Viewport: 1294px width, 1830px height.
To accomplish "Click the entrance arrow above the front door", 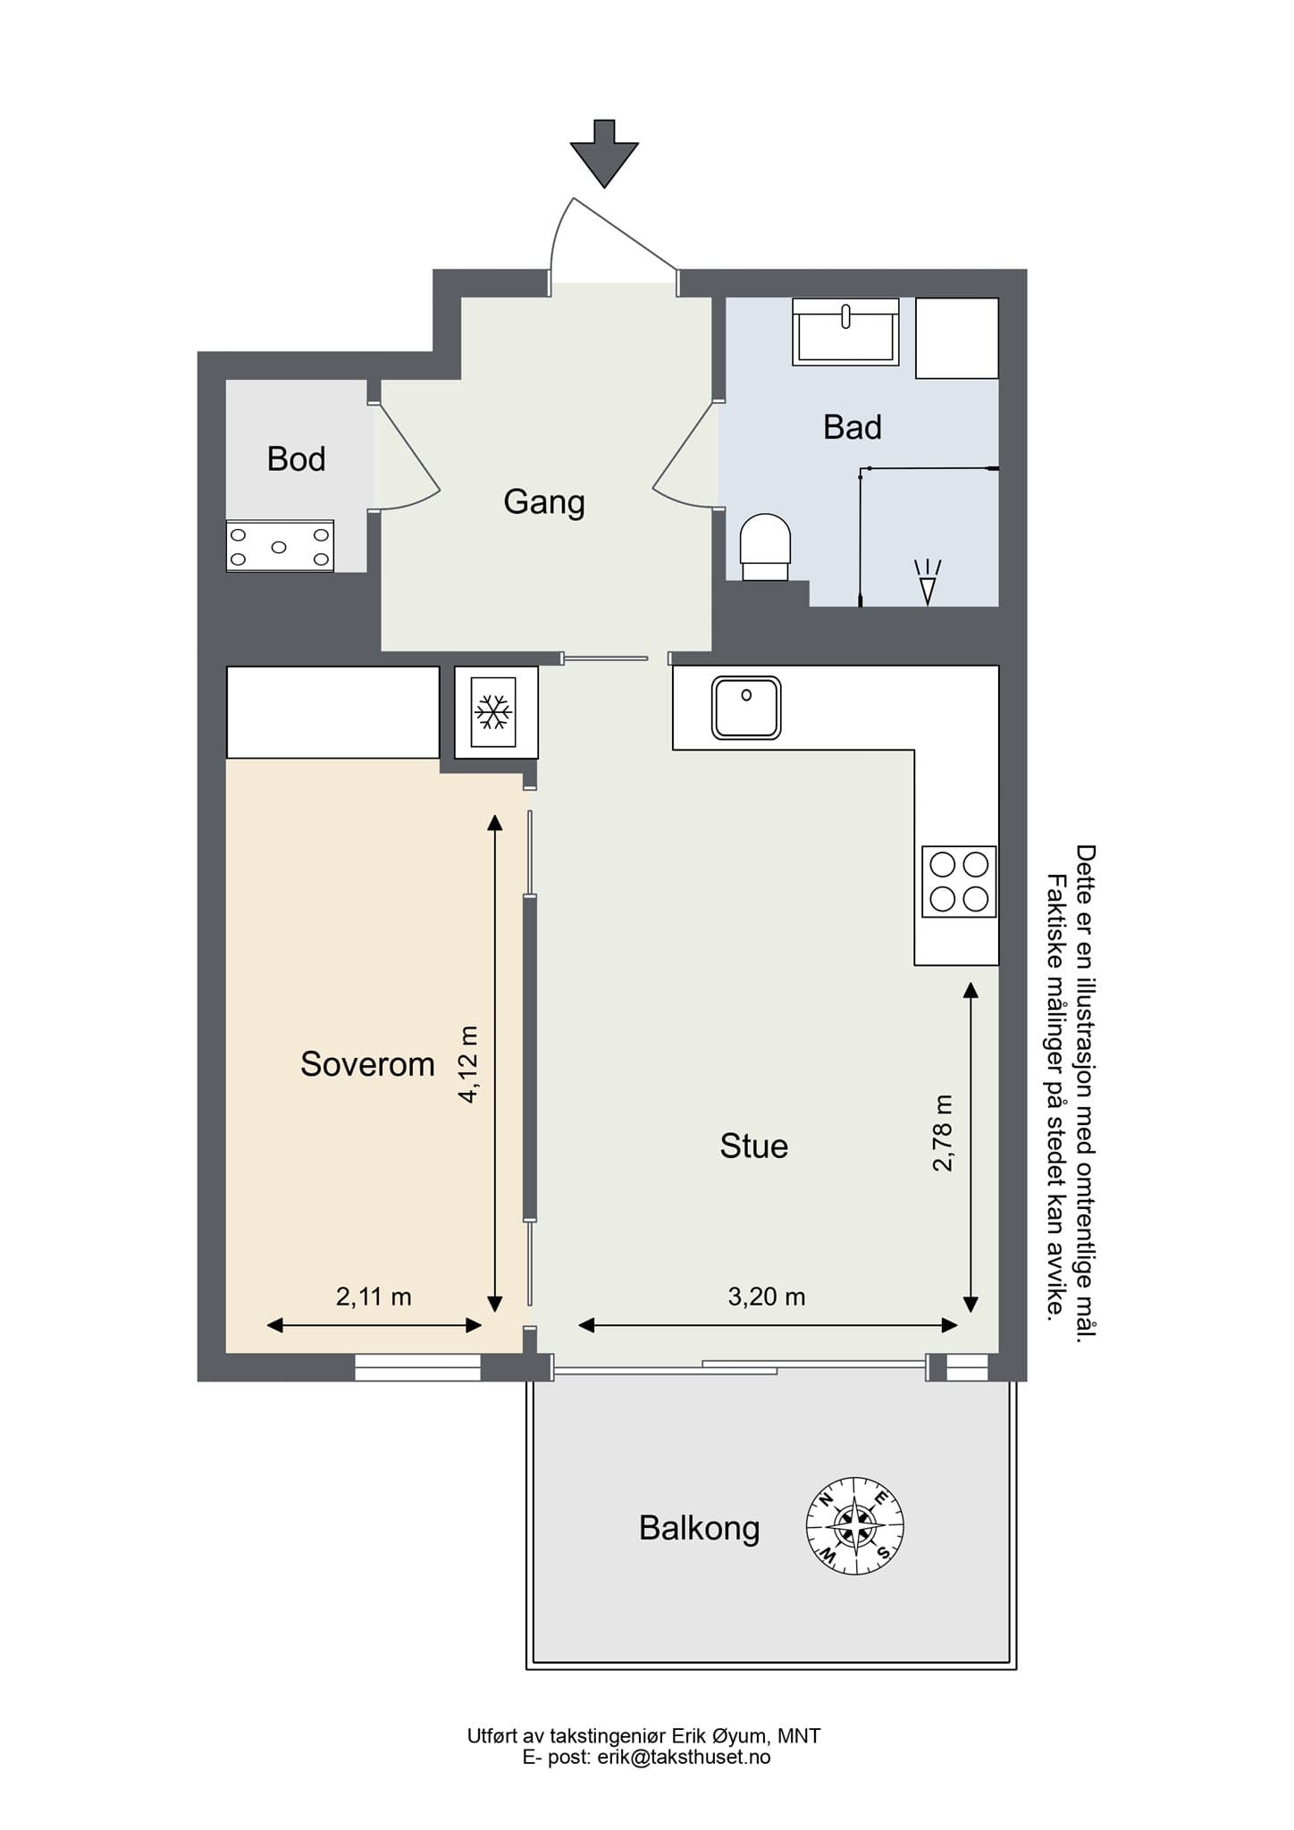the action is tap(604, 153).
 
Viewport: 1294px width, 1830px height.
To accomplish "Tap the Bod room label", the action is tap(296, 459).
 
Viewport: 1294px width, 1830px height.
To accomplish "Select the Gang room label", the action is tap(544, 502).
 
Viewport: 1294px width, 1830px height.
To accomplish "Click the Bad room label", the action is tap(853, 427).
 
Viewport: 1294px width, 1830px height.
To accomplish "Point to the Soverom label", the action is tap(367, 1064).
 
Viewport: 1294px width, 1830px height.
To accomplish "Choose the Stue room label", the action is tap(754, 1146).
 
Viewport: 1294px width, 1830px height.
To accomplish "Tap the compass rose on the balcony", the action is tap(855, 1526).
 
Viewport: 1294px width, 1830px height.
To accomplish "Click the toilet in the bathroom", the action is tap(766, 547).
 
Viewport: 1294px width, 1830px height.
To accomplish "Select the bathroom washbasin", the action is tap(845, 332).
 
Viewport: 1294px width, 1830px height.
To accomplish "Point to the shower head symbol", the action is tap(928, 582).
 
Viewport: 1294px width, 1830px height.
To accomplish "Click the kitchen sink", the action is tap(746, 708).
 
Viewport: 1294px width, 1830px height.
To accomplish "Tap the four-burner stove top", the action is tap(960, 882).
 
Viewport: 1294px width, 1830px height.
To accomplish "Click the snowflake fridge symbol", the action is tap(493, 712).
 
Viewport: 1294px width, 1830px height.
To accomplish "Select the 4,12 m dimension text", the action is tap(468, 1064).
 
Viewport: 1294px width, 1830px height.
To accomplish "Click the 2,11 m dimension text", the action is tap(374, 1297).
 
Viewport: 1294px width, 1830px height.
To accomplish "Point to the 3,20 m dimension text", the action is tap(767, 1297).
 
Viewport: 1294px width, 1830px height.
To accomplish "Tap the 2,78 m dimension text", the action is tap(943, 1132).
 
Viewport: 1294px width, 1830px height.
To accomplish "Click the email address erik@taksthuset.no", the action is tap(684, 1757).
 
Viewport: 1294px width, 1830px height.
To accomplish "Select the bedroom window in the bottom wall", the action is tap(418, 1367).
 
